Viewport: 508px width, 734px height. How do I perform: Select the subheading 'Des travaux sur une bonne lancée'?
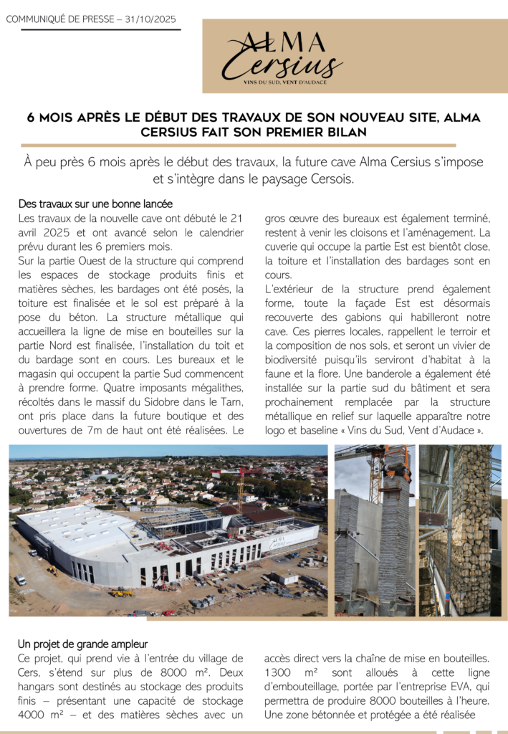(95, 204)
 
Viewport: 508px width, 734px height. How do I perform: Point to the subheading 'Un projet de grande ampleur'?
(83, 644)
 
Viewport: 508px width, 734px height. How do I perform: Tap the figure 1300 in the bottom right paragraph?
(279, 673)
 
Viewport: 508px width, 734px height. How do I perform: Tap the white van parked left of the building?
(20, 579)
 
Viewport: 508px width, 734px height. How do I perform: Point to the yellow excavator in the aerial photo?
(123, 591)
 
